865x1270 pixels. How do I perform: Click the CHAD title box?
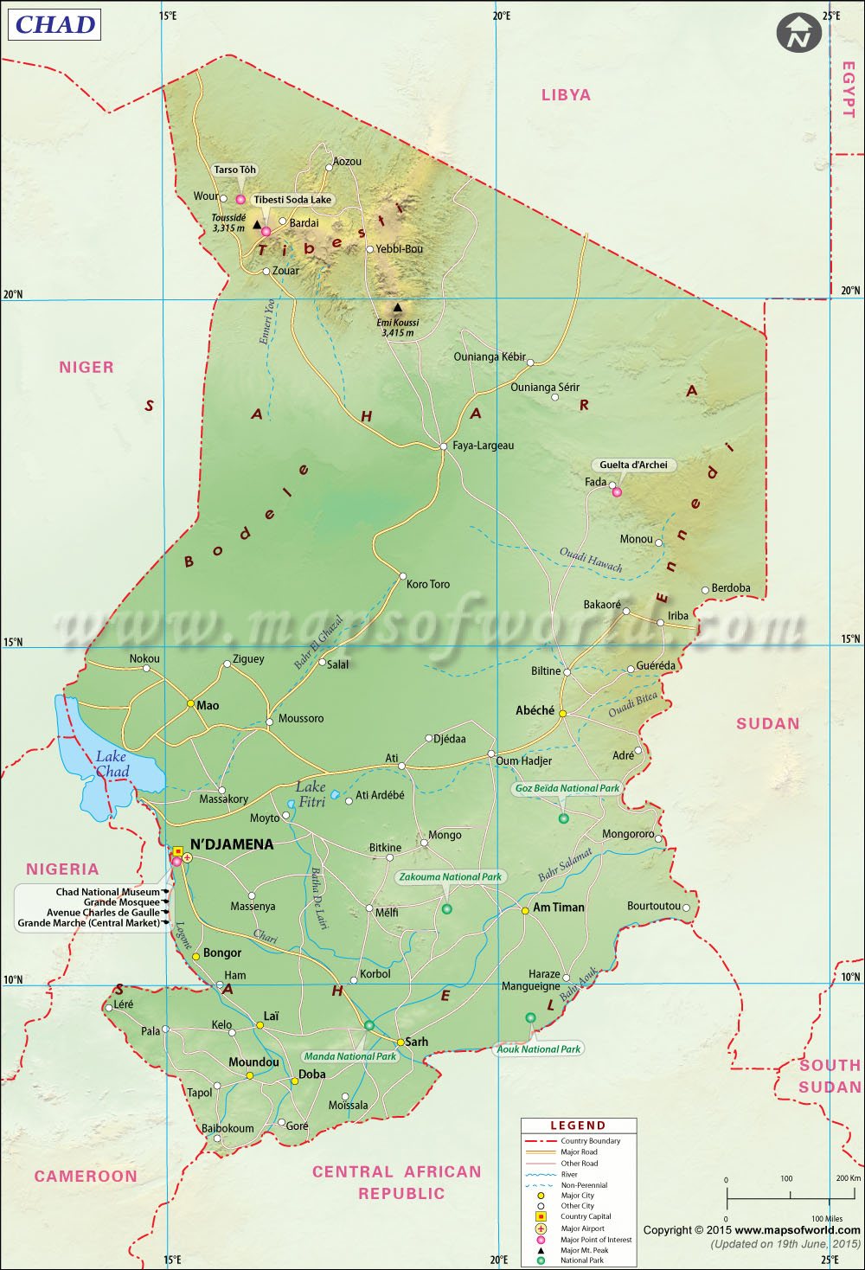click(x=54, y=24)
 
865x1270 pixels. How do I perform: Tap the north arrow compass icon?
click(x=798, y=34)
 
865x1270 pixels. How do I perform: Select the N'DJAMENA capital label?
click(x=231, y=844)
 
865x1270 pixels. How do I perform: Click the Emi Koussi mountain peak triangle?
click(x=397, y=307)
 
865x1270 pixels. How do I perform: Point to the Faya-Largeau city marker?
click(x=443, y=446)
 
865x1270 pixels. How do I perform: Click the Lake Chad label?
click(x=112, y=764)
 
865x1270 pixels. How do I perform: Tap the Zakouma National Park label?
click(x=450, y=876)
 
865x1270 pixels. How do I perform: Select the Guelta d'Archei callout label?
click(x=633, y=465)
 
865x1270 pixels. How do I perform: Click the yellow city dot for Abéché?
click(x=562, y=714)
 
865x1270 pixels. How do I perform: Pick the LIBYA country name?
click(x=566, y=95)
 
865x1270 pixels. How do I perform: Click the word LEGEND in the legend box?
click(x=578, y=1126)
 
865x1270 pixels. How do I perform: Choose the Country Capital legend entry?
click(x=586, y=1216)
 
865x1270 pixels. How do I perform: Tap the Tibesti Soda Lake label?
click(x=292, y=200)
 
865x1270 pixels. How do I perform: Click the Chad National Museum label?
click(x=107, y=892)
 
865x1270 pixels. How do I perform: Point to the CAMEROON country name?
click(x=86, y=1176)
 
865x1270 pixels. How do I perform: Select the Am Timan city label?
click(x=558, y=908)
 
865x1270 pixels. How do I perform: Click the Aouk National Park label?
click(x=539, y=1049)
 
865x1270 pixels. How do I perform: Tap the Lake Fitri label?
click(x=311, y=794)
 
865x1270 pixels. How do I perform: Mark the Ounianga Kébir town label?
click(x=489, y=356)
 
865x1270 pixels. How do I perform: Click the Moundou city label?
click(x=253, y=1062)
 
